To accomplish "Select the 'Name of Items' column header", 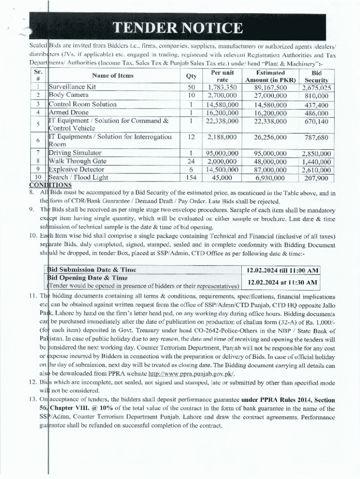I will (x=113, y=75).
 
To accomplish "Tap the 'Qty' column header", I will (x=191, y=76).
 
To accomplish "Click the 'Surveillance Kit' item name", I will (x=72, y=87).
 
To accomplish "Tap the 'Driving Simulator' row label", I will (x=75, y=153).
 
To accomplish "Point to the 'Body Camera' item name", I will (x=69, y=95).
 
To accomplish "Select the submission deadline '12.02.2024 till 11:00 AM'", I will (x=283, y=270).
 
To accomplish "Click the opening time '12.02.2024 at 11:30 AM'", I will (x=283, y=282).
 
